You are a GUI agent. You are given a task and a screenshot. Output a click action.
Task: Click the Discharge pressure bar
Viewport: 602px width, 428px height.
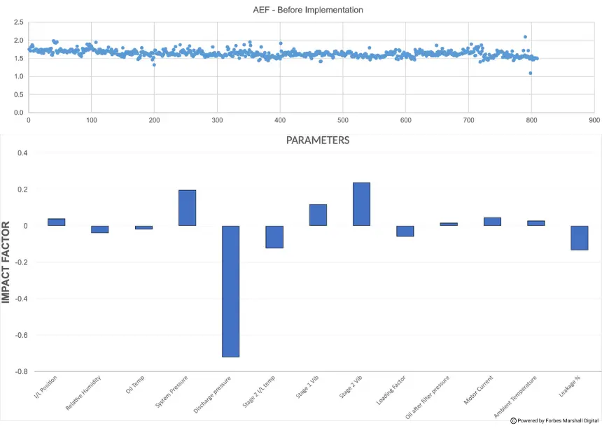pyautogui.click(x=231, y=291)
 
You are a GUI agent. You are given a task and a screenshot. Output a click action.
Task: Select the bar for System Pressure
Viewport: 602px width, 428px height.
pyautogui.click(x=187, y=208)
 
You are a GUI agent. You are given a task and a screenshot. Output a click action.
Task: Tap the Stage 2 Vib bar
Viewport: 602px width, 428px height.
pyautogui.click(x=361, y=204)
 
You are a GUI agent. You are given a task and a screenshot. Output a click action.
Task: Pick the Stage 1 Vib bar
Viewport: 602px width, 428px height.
pyautogui.click(x=318, y=215)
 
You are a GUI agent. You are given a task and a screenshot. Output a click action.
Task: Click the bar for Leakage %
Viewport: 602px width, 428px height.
pyautogui.click(x=579, y=238)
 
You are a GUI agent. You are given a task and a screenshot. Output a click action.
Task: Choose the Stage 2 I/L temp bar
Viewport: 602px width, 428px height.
pyautogui.click(x=274, y=237)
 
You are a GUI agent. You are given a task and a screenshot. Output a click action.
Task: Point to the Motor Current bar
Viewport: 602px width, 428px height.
pyautogui.click(x=492, y=222)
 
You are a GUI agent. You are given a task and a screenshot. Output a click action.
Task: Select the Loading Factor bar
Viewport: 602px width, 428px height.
pyautogui.click(x=405, y=231)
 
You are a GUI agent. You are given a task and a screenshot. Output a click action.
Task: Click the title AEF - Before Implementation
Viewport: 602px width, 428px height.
pyautogui.click(x=308, y=10)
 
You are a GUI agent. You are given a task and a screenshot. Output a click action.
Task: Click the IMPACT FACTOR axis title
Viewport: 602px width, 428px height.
pyautogui.click(x=6, y=262)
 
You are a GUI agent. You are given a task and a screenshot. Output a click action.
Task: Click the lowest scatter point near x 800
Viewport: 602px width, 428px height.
pyautogui.click(x=531, y=73)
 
